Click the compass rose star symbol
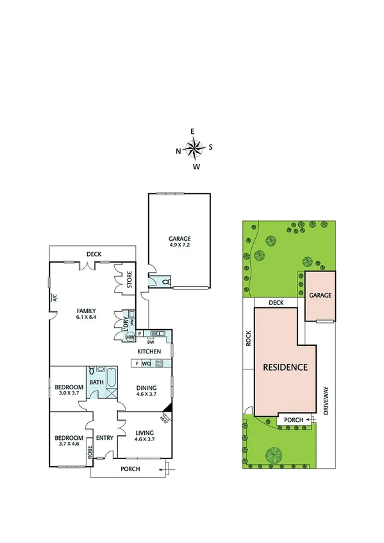pyautogui.click(x=194, y=149)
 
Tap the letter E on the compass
pyautogui.click(x=193, y=132)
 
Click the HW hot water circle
pyautogui.click(x=129, y=337)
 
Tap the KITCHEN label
pyautogui.click(x=149, y=352)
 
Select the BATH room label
pyautogui.click(x=96, y=382)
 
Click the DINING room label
pyautogui.click(x=147, y=387)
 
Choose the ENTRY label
pyautogui.click(x=104, y=438)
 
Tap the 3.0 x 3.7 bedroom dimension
pyautogui.click(x=69, y=393)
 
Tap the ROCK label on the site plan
pyautogui.click(x=249, y=338)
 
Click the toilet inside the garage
pyautogui.click(x=165, y=281)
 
